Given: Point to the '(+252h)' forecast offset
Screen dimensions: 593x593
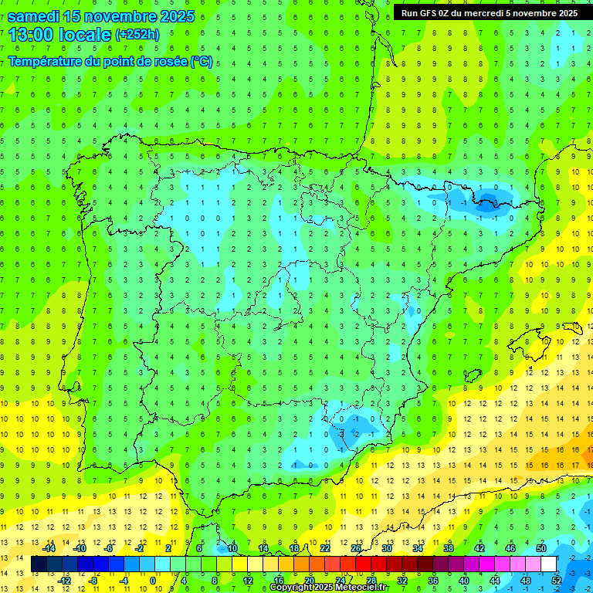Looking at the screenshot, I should [137, 35].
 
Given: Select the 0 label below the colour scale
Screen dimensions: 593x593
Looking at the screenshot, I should [153, 580].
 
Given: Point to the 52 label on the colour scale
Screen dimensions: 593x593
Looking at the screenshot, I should [557, 580].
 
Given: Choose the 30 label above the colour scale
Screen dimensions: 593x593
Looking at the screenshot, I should [386, 547].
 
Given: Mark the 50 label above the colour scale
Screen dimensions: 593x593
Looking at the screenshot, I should [540, 547].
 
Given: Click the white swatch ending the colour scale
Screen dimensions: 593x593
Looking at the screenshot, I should [548, 564].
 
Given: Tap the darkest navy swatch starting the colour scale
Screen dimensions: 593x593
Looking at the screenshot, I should [39, 564].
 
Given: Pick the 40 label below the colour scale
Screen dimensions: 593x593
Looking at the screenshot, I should [463, 580].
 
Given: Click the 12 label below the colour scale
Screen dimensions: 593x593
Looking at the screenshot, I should [247, 580].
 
